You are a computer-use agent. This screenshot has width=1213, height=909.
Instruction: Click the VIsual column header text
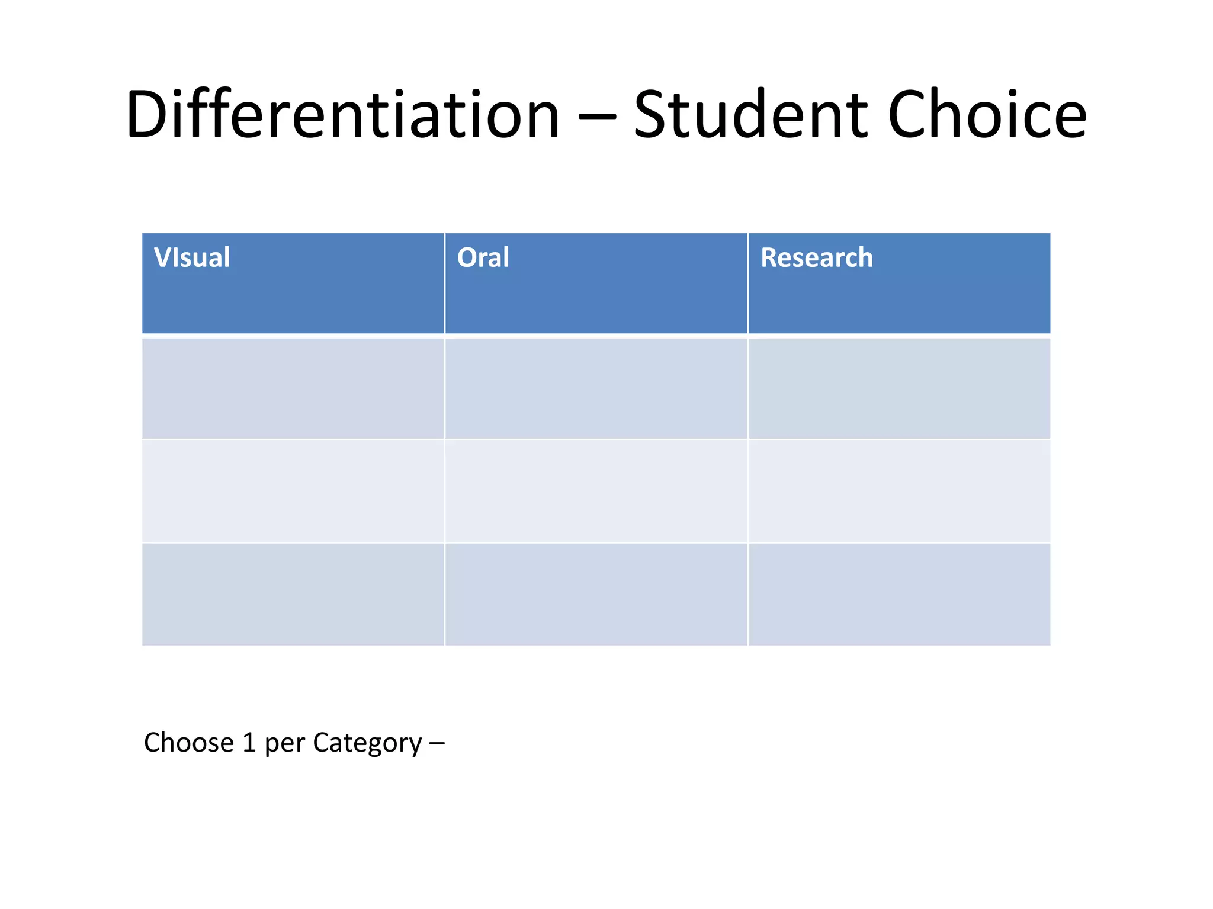[192, 258]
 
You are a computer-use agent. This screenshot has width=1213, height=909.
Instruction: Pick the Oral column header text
[483, 258]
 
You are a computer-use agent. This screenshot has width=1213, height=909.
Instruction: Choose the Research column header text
[816, 258]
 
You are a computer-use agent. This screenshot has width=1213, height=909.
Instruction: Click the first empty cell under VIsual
[293, 388]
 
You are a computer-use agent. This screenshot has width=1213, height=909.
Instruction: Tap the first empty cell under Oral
[596, 388]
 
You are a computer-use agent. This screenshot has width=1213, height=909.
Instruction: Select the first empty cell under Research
[899, 388]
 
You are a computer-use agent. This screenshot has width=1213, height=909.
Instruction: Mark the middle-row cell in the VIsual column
[293, 491]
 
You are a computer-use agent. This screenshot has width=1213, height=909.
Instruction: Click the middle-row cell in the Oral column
[596, 491]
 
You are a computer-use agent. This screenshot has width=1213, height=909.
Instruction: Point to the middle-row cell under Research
[899, 491]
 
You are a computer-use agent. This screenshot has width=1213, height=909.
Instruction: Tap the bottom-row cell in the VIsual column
[293, 594]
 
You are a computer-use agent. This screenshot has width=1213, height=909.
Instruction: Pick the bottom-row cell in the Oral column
[596, 594]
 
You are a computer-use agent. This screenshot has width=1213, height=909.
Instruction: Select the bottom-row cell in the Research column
[899, 594]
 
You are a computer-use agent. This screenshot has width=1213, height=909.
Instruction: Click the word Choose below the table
[189, 743]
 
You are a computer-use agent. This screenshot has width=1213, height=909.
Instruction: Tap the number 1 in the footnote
[249, 743]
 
